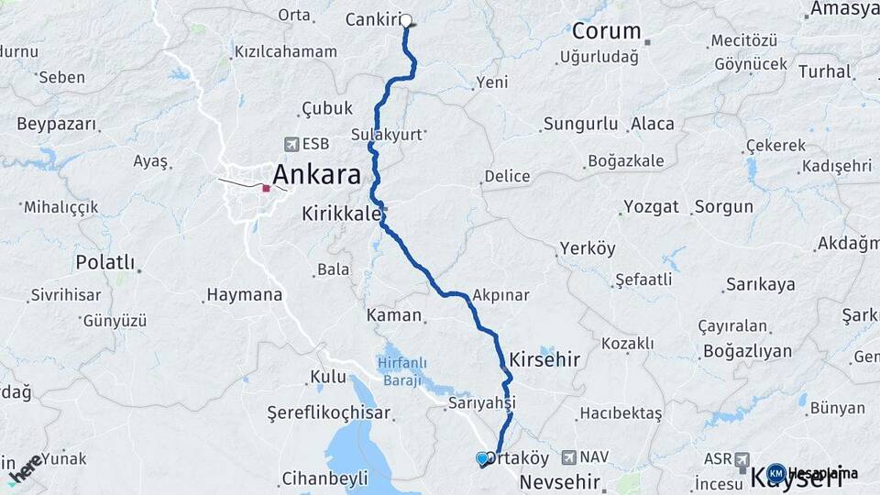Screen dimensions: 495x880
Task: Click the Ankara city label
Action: [316, 174]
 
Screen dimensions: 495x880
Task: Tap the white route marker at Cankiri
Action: [406, 20]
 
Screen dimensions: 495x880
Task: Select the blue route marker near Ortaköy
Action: [482, 458]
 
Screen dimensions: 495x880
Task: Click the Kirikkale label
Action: [341, 214]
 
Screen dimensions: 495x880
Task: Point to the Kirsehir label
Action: [544, 359]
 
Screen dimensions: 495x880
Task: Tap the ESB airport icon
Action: [291, 144]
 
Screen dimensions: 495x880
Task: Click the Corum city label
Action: [606, 31]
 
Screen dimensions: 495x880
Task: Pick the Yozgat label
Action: [651, 206]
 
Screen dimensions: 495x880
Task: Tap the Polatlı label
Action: [104, 263]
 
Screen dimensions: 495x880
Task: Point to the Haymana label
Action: [244, 295]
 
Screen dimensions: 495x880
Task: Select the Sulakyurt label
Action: [386, 134]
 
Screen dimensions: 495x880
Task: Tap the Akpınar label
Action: [501, 295]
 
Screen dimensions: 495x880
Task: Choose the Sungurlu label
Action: [583, 124]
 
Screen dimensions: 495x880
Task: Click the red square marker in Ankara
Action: [266, 188]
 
